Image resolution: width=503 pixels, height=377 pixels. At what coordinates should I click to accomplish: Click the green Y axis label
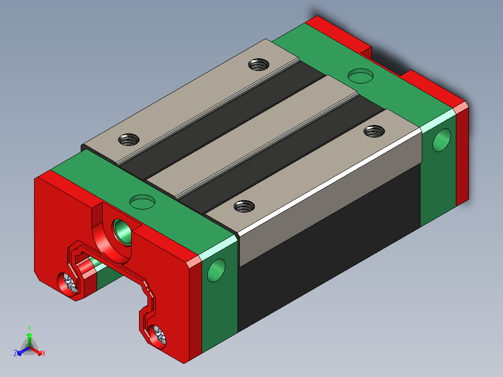coord(29,328)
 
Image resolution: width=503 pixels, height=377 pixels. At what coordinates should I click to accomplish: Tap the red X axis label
coord(44,353)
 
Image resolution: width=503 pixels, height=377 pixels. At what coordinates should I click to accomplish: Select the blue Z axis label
coord(15,353)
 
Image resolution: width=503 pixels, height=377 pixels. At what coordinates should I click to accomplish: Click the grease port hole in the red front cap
coord(122,231)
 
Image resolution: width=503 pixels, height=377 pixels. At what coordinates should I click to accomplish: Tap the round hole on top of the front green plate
coord(142,202)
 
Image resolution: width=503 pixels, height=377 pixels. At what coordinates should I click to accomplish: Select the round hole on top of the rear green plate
coord(361,76)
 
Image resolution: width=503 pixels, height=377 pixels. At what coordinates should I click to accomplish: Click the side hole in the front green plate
coord(216,270)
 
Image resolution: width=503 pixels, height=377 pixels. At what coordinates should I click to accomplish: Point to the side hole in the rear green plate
coord(442,140)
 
